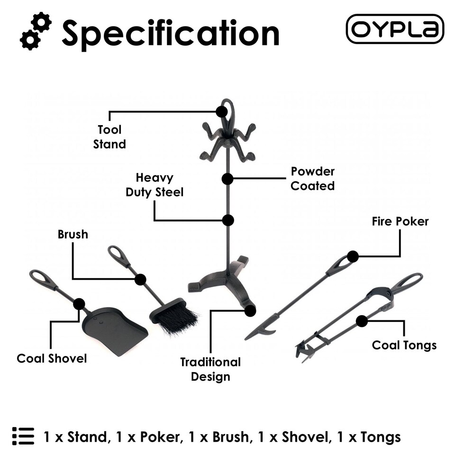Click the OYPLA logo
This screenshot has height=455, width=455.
point(395,29)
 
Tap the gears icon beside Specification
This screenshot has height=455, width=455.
point(36,32)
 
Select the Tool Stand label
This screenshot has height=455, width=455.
point(109,137)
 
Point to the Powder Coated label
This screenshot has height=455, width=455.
point(312,178)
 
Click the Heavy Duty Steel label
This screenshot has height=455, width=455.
point(154,185)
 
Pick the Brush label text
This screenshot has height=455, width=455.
point(73,234)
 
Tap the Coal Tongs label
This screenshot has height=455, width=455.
point(404,345)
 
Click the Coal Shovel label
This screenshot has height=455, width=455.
point(52,358)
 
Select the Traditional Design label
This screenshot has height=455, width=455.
point(210,369)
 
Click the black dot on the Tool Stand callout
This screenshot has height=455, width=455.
point(221,112)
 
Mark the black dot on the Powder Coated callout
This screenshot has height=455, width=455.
point(227,179)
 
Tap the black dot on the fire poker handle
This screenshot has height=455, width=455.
point(352,257)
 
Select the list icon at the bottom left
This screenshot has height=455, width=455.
point(23,436)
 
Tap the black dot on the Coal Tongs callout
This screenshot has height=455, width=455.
point(362,321)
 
